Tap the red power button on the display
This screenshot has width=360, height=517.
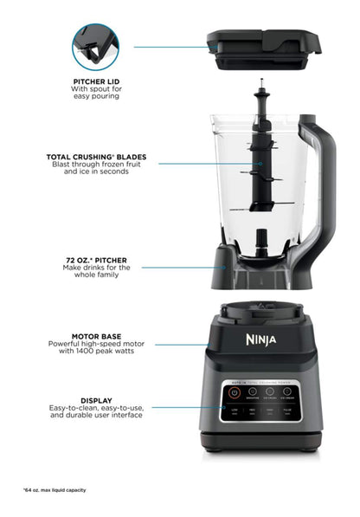(x=233, y=392)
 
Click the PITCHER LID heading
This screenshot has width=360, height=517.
(x=96, y=81)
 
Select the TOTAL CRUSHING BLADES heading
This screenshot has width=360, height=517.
(x=96, y=157)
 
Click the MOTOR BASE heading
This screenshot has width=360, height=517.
(x=96, y=336)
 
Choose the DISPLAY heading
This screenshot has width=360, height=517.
(x=97, y=401)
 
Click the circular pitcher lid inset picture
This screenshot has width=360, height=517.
(x=96, y=46)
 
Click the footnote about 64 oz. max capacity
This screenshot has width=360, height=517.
(x=55, y=490)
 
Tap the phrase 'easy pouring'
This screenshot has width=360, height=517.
(x=96, y=96)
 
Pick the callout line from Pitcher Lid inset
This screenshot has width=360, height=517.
(x=164, y=47)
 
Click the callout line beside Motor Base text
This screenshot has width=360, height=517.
(x=182, y=343)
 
